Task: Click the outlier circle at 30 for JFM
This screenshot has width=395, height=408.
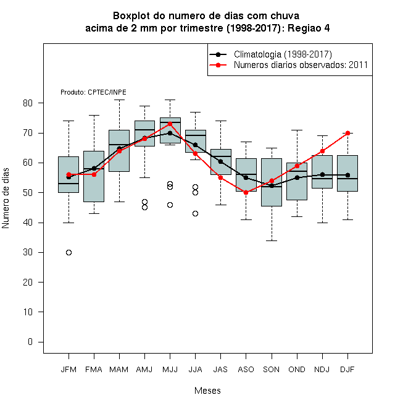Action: click(x=69, y=252)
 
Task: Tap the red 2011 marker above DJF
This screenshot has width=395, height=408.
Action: click(x=347, y=133)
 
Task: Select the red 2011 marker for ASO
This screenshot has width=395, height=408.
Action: click(x=246, y=192)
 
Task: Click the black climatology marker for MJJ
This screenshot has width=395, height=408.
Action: click(x=170, y=133)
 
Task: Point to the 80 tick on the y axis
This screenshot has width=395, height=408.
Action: click(x=41, y=103)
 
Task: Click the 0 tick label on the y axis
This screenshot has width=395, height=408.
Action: click(x=30, y=342)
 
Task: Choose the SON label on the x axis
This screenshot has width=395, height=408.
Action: click(x=271, y=369)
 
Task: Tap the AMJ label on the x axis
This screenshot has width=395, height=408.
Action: click(x=144, y=369)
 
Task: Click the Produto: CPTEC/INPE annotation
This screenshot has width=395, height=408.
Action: click(x=93, y=92)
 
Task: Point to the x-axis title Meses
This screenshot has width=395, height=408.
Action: click(x=207, y=390)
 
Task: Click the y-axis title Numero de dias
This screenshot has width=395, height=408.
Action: click(x=6, y=198)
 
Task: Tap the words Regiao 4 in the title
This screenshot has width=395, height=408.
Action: click(x=309, y=28)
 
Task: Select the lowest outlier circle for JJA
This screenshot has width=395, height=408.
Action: click(x=195, y=214)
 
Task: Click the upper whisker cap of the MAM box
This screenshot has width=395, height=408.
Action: click(x=119, y=100)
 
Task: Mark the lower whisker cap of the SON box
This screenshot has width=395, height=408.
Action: click(x=272, y=240)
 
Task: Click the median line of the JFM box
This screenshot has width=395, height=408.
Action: click(x=69, y=184)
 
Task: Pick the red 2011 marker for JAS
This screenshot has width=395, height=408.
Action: click(x=220, y=177)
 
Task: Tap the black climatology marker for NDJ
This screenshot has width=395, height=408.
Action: click(x=323, y=174)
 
